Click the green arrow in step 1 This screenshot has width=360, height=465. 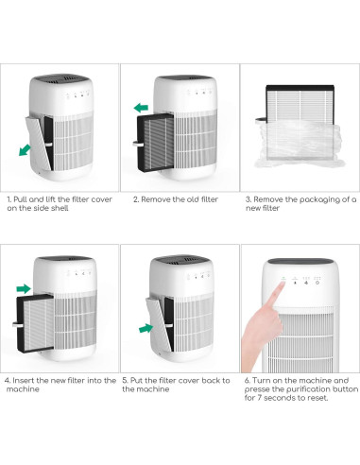point(25,149)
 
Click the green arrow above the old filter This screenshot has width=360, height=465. point(141,108)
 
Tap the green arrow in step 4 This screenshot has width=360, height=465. point(24,288)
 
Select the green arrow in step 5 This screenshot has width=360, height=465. point(146,328)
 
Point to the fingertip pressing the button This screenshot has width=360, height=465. point(282,284)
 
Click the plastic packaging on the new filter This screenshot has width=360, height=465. point(300,145)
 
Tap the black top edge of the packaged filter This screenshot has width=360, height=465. point(300,88)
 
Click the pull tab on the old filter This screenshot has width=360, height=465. point(138,145)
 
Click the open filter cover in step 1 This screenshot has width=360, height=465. point(39,143)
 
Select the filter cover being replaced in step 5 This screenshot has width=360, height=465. point(160,324)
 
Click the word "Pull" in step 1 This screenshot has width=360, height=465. point(21,199)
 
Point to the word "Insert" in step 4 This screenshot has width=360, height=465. point(24,381)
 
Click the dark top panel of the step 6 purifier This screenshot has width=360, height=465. point(300,261)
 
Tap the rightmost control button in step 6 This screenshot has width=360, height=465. point(317,283)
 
